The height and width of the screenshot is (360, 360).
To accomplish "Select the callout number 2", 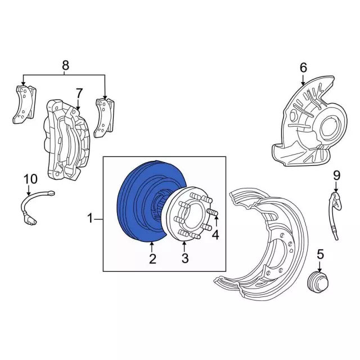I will point(152,259).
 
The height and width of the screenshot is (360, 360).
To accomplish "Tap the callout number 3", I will point(184,259).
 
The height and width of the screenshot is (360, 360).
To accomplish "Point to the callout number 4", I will point(215,235).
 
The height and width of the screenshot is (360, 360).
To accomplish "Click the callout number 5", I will point(320,254).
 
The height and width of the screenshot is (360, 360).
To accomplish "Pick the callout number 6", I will point(303,68).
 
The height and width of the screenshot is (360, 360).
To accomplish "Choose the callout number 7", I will point(79,92).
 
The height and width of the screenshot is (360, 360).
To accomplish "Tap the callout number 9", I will point(337,176).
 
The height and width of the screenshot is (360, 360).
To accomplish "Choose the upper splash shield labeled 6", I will point(307,127).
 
